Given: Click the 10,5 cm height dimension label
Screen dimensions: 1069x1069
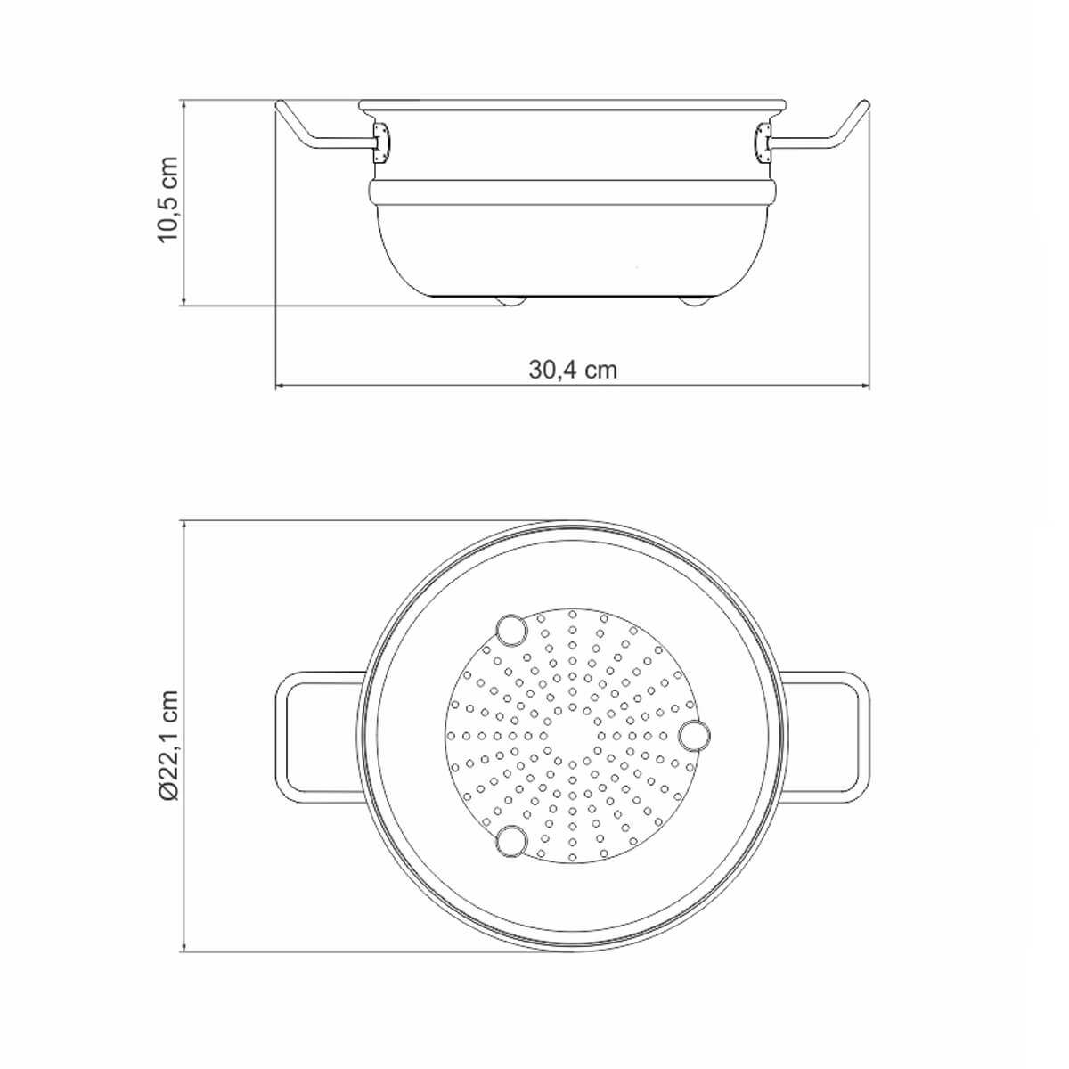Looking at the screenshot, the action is click(168, 200).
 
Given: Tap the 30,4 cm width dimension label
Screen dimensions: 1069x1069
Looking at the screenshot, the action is click(573, 370).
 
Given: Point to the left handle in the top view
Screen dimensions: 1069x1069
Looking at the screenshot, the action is click(282, 738).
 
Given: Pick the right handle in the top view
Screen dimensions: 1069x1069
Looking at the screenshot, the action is click(864, 738).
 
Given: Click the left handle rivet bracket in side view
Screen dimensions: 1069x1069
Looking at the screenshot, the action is click(380, 143).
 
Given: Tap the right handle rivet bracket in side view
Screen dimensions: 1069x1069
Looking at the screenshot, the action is click(763, 143).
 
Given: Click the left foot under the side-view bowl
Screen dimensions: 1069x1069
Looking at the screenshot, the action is click(511, 301).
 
